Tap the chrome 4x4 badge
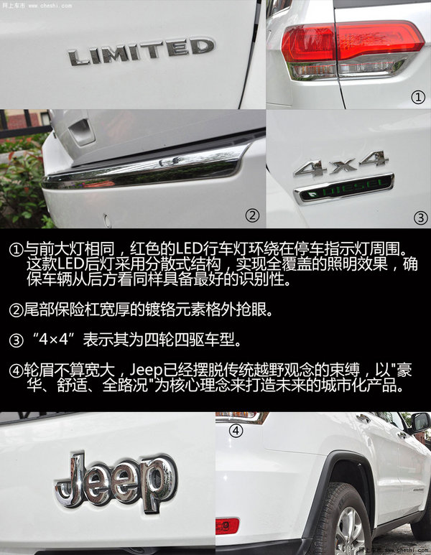pos(340,166)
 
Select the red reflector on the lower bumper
pos(227,525)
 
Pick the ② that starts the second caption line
pos(16,309)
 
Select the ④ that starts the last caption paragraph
pos(16,370)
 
